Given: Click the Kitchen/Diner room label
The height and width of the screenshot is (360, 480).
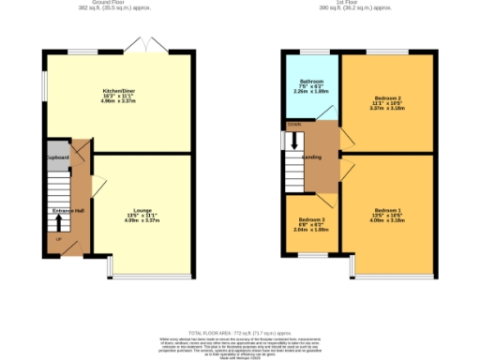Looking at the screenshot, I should click(119, 90).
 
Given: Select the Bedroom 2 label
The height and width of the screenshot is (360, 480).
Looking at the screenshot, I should click(387, 98).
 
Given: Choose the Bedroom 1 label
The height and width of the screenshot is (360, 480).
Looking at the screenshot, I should click(387, 210).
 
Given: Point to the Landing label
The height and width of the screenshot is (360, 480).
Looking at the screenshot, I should click(313, 157).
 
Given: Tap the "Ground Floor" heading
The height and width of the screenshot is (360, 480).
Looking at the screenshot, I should click(120, 3).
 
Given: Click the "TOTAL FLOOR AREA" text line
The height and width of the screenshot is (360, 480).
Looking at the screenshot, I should click(240, 333).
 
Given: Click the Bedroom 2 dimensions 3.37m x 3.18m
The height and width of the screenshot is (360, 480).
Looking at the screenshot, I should click(387, 109).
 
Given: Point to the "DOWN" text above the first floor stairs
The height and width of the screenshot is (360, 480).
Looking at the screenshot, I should click(294, 124).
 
